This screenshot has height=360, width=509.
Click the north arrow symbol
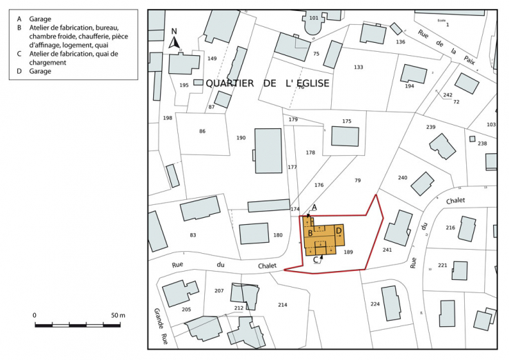tap(174, 41)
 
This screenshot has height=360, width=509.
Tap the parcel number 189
tap(348, 252)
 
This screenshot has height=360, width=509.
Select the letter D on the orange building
tap(339, 231)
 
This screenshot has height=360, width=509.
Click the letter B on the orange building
tap(311, 233)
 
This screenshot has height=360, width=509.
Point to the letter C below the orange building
tap(316, 260)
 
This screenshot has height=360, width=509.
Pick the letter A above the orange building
tap(314, 207)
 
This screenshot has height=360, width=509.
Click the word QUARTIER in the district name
tap(229, 83)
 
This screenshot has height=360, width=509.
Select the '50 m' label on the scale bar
tap(117, 315)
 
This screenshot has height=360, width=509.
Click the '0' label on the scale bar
tap(34, 315)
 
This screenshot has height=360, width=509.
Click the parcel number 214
tap(282, 304)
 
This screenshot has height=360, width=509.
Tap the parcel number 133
tap(358, 67)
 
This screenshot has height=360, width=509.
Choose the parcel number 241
tap(387, 249)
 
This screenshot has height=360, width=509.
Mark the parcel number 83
tap(193, 235)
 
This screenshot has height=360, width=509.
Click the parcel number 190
tap(241, 138)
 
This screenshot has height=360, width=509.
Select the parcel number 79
tap(357, 180)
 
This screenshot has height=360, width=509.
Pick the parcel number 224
tap(375, 304)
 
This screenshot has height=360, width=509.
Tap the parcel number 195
tap(184, 85)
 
